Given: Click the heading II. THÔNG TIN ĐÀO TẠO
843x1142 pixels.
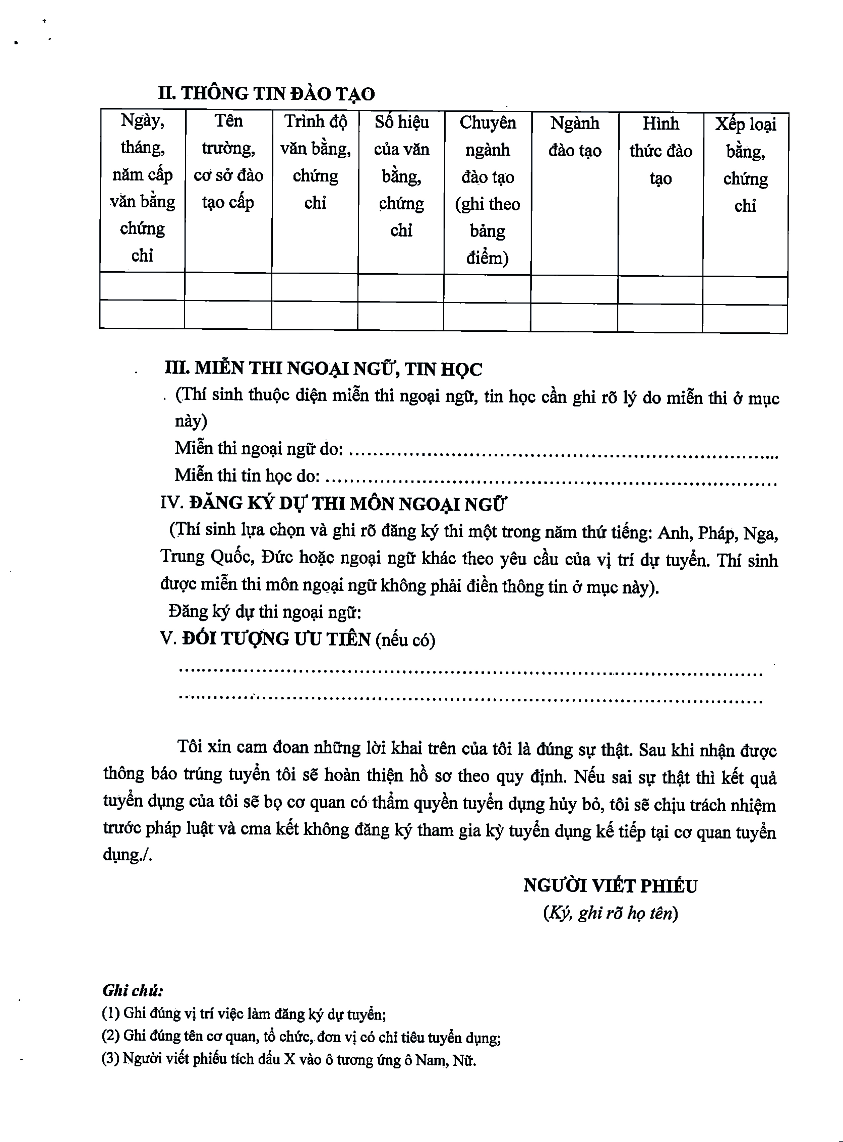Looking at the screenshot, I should [x=266, y=93].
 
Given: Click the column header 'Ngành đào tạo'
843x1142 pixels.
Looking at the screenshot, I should [x=575, y=137].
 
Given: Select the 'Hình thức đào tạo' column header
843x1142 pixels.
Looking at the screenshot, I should [x=660, y=151].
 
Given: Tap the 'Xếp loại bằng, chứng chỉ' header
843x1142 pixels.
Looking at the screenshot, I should [x=745, y=165].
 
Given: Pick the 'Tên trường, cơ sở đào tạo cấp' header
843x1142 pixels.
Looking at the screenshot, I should [x=228, y=162].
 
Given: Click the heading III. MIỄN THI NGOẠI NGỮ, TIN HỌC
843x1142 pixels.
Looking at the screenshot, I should [x=323, y=368].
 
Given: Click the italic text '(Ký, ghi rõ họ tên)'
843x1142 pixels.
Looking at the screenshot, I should [x=610, y=912].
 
